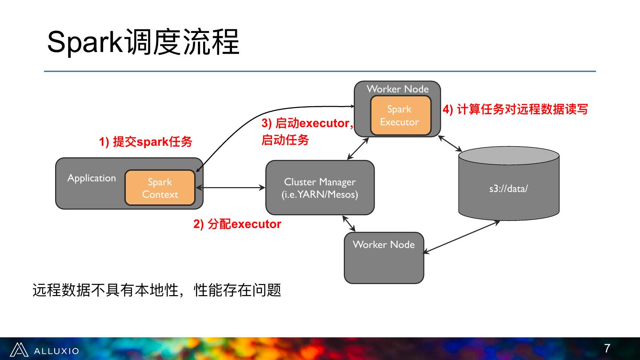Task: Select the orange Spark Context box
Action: pos(160,188)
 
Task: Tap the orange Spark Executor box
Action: pos(400,116)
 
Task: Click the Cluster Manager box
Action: pos(320,188)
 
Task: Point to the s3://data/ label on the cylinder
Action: pos(508,188)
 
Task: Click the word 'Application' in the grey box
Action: pos(92,178)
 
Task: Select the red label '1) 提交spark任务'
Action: pos(145,142)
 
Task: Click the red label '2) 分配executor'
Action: pos(237,224)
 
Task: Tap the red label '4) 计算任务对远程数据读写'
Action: pos(515,109)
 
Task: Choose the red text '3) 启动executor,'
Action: pos(307,123)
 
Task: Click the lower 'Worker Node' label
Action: pos(384,244)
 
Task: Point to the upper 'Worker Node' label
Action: pos(397,89)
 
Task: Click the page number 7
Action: pos(607,348)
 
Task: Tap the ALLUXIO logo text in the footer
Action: pos(56,351)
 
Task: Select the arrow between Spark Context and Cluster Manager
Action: pos(234,188)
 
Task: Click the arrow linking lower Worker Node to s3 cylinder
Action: pos(462,237)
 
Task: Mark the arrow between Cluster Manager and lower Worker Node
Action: pos(349,223)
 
